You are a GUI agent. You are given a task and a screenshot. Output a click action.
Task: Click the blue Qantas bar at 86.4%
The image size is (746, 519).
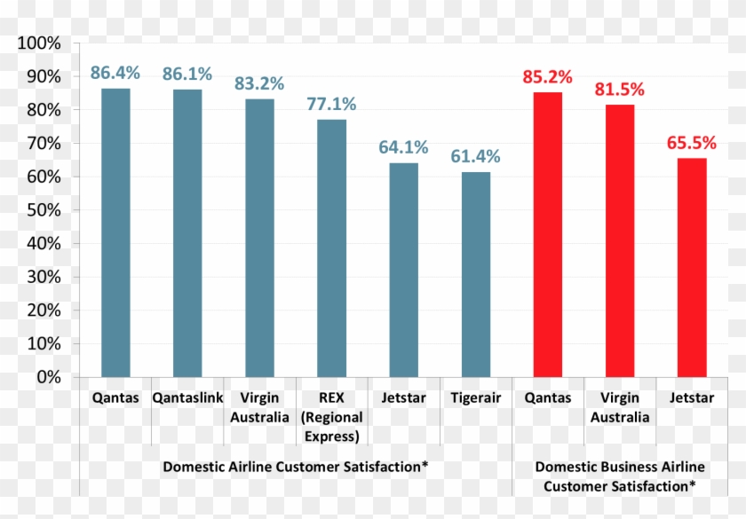click(x=115, y=232)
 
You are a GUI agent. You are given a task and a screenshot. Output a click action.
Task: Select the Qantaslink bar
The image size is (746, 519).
click(x=187, y=232)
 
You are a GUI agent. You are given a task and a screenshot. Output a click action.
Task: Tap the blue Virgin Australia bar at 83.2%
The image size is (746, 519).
click(x=259, y=238)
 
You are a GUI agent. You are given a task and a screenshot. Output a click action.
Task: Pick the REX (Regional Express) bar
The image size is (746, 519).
click(x=332, y=248)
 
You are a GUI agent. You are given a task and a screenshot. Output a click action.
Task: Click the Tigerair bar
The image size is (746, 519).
click(x=476, y=274)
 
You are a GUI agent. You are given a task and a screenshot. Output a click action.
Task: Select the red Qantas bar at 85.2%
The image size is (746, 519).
click(x=548, y=234)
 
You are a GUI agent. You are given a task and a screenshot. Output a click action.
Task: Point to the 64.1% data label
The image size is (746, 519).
click(x=404, y=147)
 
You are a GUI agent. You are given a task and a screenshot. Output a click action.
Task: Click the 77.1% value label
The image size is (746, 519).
click(x=331, y=104)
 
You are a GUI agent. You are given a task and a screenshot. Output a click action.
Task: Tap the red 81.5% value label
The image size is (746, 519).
click(x=620, y=90)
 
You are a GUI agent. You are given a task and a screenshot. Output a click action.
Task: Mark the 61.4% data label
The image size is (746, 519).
click(x=476, y=156)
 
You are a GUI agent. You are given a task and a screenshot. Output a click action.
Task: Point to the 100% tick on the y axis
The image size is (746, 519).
click(x=38, y=43)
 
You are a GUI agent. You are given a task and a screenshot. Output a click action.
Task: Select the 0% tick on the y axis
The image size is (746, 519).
click(x=46, y=377)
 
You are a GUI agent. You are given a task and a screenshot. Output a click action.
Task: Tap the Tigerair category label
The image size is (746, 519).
click(x=476, y=398)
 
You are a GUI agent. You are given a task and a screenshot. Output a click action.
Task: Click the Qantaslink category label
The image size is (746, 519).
click(x=187, y=398)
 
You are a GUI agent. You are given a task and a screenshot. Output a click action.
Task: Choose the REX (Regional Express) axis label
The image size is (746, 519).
click(x=331, y=417)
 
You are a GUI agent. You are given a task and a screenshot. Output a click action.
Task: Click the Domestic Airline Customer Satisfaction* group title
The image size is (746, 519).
click(x=295, y=467)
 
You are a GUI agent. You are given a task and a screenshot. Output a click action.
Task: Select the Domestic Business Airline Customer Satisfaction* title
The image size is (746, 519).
click(x=620, y=476)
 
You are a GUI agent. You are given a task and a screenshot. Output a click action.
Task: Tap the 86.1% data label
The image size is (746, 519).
click(x=186, y=74)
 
